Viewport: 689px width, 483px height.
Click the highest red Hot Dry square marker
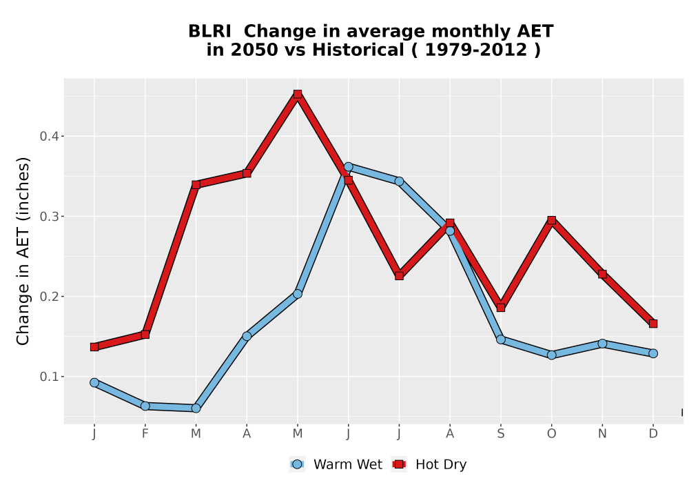pos(298,94)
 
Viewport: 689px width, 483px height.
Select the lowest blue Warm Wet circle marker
pos(196,408)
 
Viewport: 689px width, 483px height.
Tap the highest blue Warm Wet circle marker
pos(349,167)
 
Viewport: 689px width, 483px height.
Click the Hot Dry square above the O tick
pos(551,220)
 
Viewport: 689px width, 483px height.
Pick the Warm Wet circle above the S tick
pos(501,339)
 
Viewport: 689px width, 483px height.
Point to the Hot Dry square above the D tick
pos(653,324)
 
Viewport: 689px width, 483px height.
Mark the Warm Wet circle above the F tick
pos(145,406)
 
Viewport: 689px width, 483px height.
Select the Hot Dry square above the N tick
pos(602,274)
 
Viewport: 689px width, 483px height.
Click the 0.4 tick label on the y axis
pos(49,137)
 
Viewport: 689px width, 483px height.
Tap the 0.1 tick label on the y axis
pos(49,377)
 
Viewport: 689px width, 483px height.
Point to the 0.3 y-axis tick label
pos(49,217)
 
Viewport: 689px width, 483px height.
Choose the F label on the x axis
pos(145,434)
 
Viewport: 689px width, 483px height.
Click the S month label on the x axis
pos(500,434)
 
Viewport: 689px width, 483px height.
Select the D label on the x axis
pos(653,434)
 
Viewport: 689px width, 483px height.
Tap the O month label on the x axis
pos(551,434)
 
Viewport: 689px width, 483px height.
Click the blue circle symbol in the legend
pos(298,464)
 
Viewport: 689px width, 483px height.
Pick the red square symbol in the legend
pos(399,464)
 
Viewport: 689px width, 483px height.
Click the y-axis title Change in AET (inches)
pos(23,251)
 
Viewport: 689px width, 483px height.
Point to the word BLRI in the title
pos(209,32)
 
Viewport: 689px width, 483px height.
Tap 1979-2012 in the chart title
pos(476,50)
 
